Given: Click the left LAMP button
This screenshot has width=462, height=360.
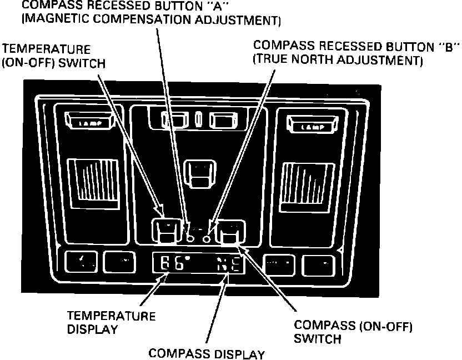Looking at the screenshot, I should (x=89, y=123).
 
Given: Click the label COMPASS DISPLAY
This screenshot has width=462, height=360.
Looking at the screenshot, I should (x=207, y=353).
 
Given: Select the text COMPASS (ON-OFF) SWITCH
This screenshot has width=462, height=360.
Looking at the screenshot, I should (x=353, y=332).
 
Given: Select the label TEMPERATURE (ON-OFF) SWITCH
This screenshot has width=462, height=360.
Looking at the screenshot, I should (x=54, y=56).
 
